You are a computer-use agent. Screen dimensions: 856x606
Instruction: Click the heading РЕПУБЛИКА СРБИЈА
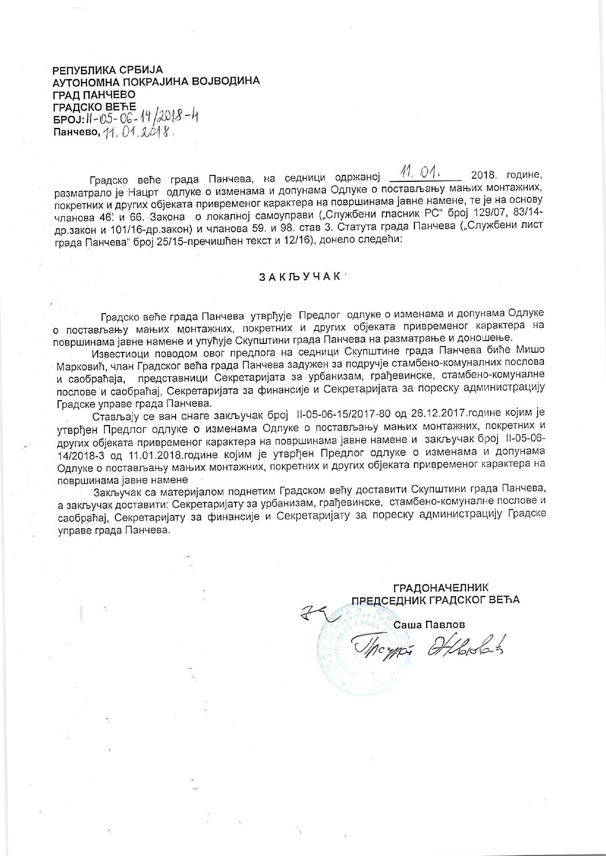pyautogui.click(x=108, y=70)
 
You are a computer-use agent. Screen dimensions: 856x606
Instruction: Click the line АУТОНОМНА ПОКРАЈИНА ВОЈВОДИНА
pyautogui.click(x=156, y=82)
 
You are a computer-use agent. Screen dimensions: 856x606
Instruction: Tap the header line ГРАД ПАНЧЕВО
pyautogui.click(x=94, y=94)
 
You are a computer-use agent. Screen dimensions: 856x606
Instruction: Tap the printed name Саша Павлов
pyautogui.click(x=430, y=625)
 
